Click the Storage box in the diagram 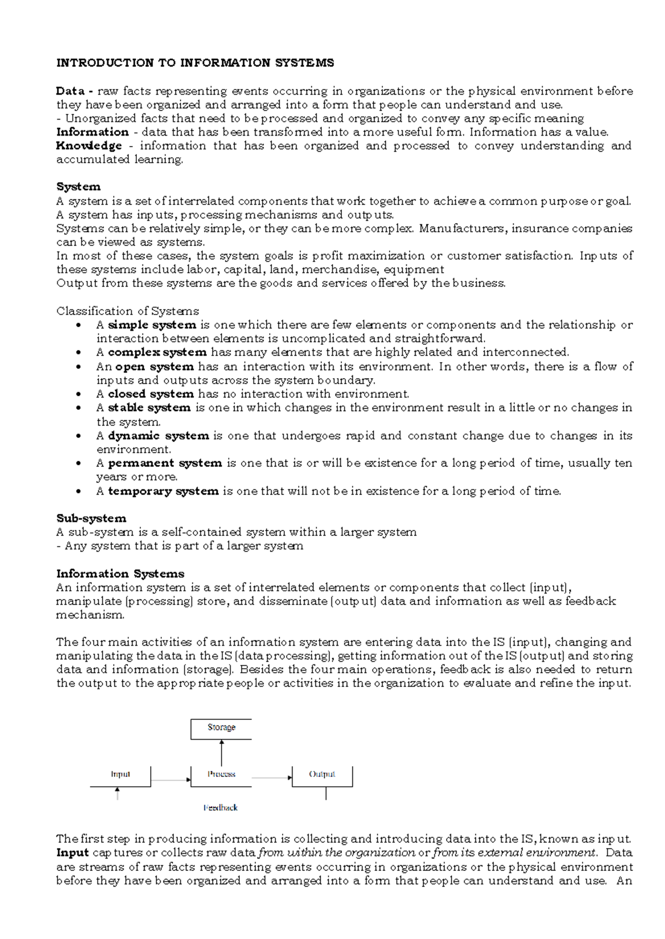221,729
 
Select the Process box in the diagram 221,775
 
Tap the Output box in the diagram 322,775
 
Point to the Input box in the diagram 120,775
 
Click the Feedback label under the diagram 221,808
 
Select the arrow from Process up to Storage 222,753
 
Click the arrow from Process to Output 272,778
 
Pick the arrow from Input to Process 171,780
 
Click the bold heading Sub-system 91,518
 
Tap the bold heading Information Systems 120,574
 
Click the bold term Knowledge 89,146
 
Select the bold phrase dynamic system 158,436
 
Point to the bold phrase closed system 151,394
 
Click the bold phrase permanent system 165,463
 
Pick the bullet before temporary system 80,491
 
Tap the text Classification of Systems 127,311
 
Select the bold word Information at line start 93,132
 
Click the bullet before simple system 80,325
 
